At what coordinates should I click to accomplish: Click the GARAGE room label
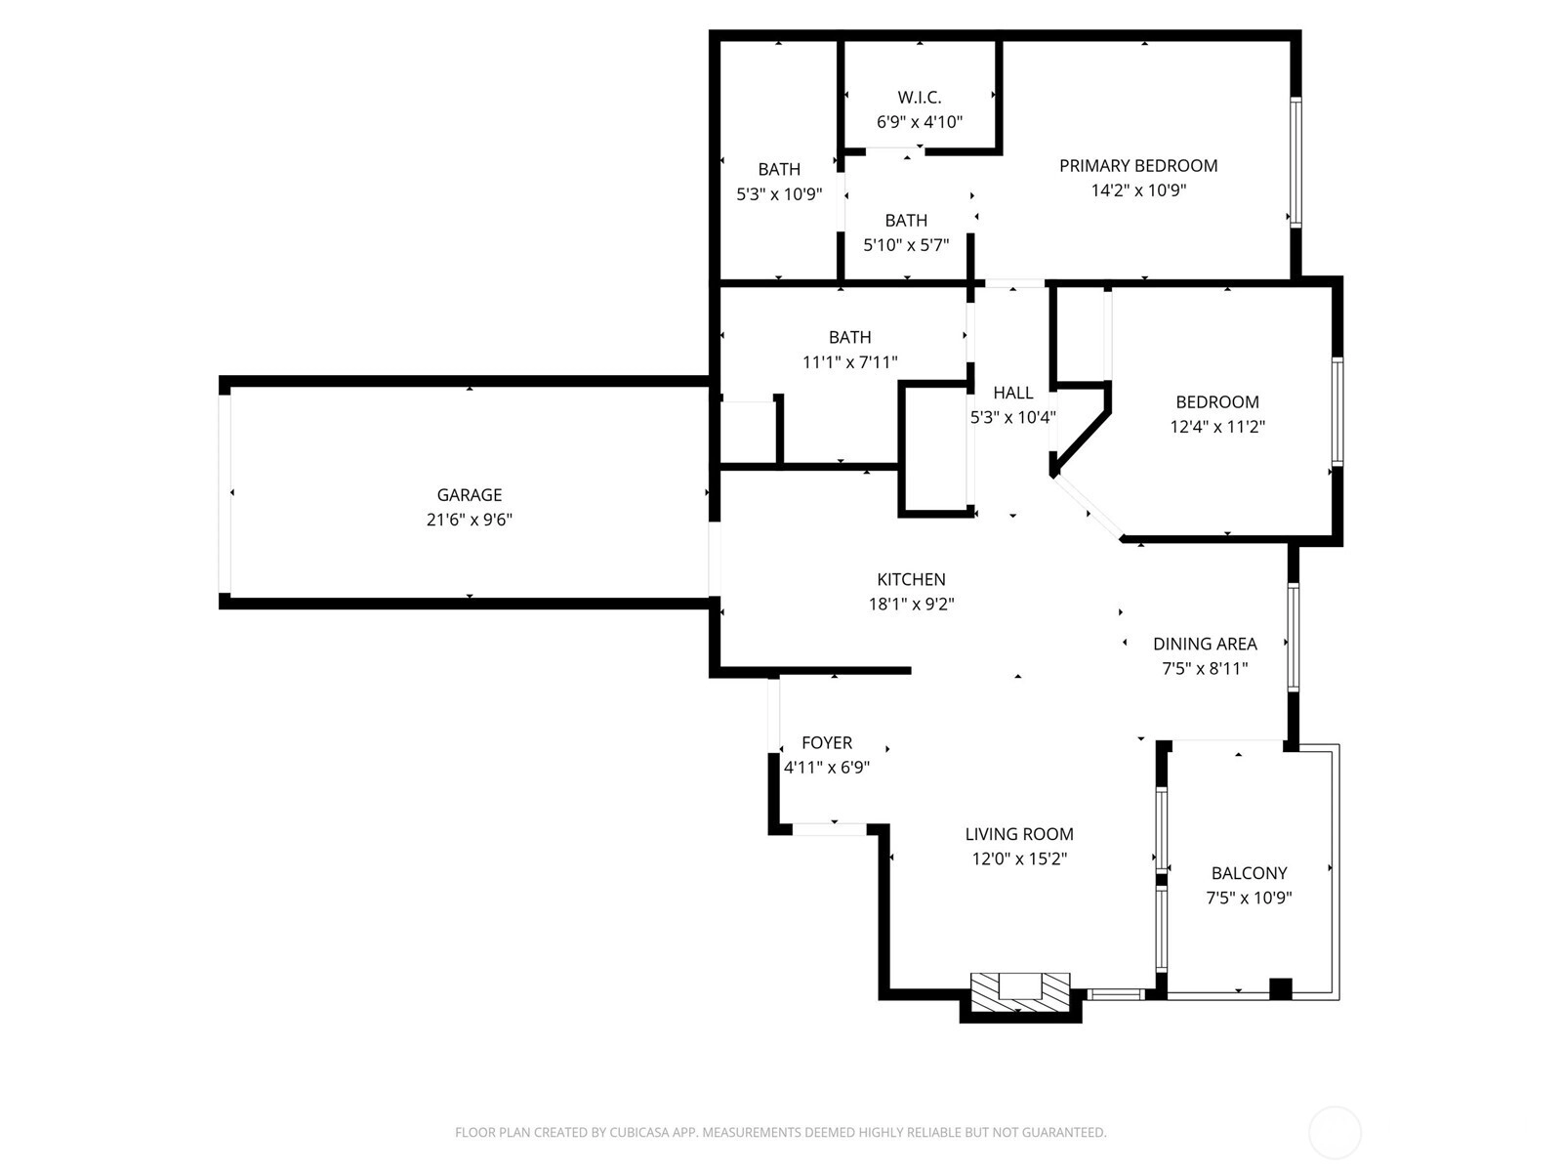point(469,494)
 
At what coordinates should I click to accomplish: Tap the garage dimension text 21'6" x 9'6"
point(469,520)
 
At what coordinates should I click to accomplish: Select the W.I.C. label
point(920,97)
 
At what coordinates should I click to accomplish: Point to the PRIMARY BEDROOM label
point(1138,166)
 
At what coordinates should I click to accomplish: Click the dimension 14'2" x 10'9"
point(1138,190)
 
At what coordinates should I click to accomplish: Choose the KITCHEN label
point(911,579)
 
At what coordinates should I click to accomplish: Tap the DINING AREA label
point(1205,644)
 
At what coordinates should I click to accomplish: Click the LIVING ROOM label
point(1019,834)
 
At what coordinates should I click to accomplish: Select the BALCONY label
point(1249,873)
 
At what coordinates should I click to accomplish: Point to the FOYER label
point(827,743)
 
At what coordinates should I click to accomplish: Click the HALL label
point(1012,393)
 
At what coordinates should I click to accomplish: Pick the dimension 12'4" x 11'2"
point(1217,427)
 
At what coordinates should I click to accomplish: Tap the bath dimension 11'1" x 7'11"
point(849,362)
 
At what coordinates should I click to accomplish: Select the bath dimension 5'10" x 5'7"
point(906,245)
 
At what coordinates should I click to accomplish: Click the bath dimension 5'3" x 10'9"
point(779,194)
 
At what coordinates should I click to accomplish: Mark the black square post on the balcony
point(1280,989)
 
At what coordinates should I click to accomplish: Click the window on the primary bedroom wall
point(1295,162)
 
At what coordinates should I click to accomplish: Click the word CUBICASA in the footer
point(638,1132)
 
